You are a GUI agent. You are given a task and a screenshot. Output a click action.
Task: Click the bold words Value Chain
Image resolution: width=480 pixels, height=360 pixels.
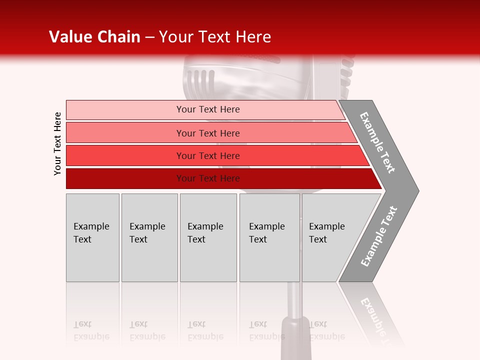[94, 37]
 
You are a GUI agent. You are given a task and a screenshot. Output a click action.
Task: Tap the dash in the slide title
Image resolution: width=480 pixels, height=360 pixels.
[149, 37]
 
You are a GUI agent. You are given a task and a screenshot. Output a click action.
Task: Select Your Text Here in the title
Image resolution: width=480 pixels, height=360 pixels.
[215, 37]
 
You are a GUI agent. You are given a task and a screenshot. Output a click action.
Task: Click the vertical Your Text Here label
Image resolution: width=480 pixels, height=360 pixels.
[57, 143]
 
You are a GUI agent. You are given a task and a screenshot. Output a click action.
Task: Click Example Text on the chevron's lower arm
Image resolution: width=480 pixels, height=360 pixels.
[379, 236]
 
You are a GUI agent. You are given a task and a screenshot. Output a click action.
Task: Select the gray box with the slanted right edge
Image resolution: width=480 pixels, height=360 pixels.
[335, 237]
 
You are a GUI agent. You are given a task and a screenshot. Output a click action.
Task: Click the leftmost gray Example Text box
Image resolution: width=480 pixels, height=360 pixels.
[92, 237]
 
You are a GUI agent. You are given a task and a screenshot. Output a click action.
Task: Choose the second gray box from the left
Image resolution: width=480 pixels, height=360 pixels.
[149, 237]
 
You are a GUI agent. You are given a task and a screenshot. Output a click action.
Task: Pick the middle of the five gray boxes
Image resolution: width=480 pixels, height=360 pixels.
[208, 237]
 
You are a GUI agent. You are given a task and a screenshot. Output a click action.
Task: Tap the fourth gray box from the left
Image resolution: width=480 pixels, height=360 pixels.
[269, 237]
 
